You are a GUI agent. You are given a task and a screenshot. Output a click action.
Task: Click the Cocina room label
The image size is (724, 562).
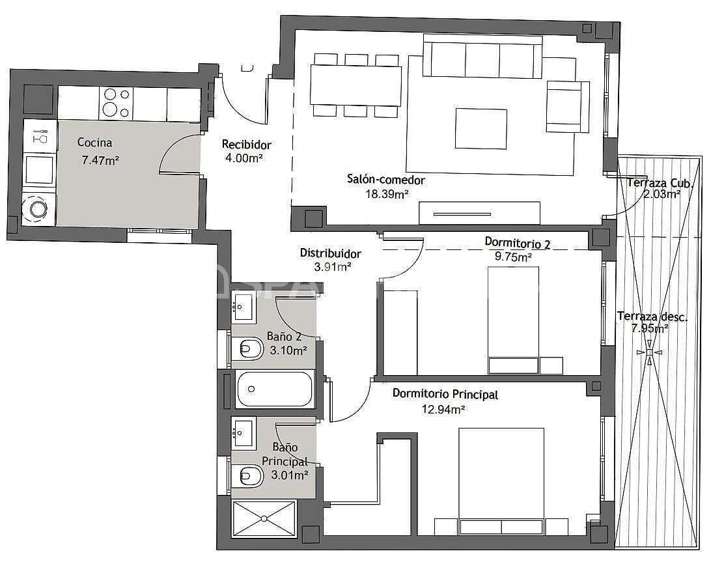point(94,142)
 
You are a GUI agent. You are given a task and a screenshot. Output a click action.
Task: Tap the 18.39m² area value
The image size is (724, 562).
point(386,193)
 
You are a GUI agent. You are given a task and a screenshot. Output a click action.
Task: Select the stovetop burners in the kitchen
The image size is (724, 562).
point(115,104)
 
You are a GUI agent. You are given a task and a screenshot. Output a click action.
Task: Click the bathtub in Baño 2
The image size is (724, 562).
point(275,389)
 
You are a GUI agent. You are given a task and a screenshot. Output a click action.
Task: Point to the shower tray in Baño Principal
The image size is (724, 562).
point(264,518)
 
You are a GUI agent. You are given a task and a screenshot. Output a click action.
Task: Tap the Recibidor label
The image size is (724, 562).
point(246,145)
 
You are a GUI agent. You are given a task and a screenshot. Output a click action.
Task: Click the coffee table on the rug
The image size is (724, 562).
point(480,128)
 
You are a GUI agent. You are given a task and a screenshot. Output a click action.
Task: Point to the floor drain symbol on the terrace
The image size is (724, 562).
point(648,352)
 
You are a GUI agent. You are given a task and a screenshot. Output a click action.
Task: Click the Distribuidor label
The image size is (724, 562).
point(330,253)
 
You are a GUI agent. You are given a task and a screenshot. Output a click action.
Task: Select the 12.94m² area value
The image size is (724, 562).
point(443,409)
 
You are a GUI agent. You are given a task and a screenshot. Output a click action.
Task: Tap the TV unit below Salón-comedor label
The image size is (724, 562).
point(479,213)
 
